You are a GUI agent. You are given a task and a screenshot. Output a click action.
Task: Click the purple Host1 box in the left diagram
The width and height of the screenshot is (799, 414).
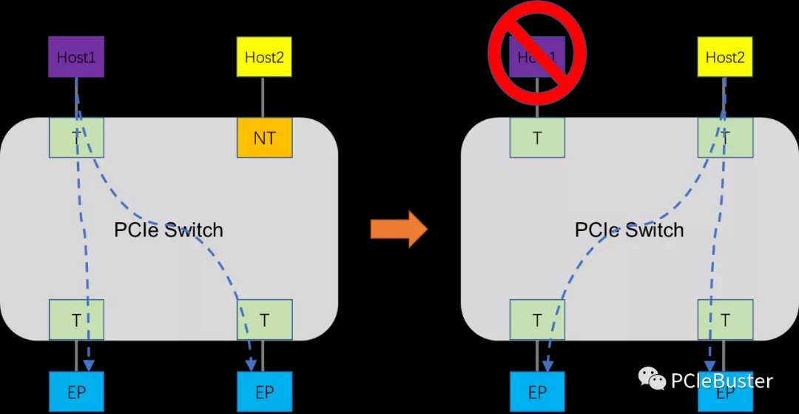coord(76,57)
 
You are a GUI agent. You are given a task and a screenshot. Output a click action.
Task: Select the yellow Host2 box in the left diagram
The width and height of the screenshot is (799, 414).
coord(264,57)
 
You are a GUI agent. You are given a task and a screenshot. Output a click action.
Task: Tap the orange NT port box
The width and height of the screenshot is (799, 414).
coord(264,137)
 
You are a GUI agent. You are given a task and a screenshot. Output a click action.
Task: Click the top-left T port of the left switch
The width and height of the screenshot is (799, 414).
coord(76,137)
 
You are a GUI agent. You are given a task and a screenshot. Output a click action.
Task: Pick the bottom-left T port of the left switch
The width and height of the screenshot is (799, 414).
coord(76,320)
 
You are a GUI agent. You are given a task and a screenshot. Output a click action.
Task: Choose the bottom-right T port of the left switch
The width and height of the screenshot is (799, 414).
coord(264,320)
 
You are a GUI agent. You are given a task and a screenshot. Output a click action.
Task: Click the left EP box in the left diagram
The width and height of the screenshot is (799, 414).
coord(76,392)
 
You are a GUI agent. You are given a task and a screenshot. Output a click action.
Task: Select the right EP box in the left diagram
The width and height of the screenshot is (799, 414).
coord(264,392)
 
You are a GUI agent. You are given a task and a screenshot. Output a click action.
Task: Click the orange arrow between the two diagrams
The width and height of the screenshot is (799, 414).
coord(399,229)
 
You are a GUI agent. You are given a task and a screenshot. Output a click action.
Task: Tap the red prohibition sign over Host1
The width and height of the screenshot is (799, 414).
coord(536,50)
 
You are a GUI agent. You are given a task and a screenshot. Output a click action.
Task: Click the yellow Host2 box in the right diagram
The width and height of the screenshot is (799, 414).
coord(725,57)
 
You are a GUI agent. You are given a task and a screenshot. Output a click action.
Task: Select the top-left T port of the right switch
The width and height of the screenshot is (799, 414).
coord(537,137)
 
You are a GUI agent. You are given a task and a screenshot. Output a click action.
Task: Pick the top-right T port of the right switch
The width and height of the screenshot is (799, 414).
coord(725,137)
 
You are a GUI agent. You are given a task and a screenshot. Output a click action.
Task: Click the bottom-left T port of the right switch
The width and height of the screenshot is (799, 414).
coord(537,320)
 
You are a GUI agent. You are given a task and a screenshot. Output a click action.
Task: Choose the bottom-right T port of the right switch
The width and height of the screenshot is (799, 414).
coord(725,320)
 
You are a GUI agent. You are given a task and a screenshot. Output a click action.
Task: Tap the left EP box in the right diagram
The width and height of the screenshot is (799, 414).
coord(537,392)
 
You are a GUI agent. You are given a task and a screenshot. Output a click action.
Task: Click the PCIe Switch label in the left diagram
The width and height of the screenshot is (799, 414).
coord(169,230)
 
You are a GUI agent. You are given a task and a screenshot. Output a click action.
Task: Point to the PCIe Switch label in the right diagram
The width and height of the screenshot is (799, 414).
coord(629,230)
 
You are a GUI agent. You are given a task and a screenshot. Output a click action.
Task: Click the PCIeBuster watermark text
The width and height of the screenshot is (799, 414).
coord(721,381)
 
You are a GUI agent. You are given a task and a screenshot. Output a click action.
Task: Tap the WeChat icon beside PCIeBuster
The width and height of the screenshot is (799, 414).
coord(652,380)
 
